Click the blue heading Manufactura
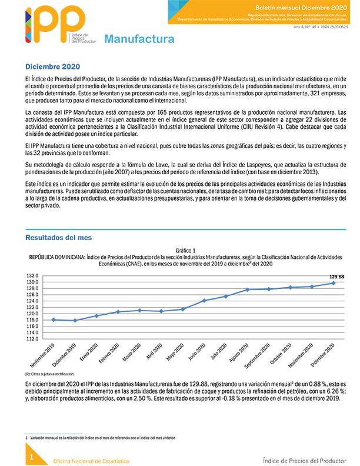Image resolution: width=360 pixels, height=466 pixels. (x=139, y=39)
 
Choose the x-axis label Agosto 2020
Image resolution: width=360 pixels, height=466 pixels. (x=242, y=354)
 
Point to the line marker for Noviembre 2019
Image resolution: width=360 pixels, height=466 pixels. (x=54, y=319)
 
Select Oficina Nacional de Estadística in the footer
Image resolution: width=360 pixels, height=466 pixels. (x=91, y=460)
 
